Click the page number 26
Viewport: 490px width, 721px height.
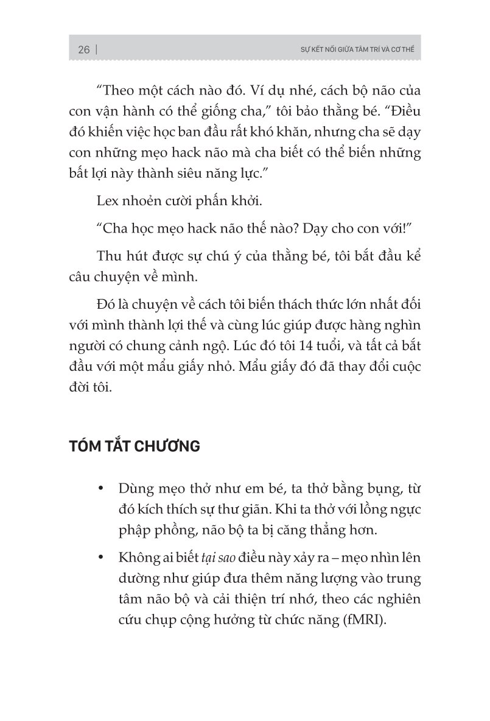[83, 49]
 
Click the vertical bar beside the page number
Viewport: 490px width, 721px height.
[97, 49]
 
